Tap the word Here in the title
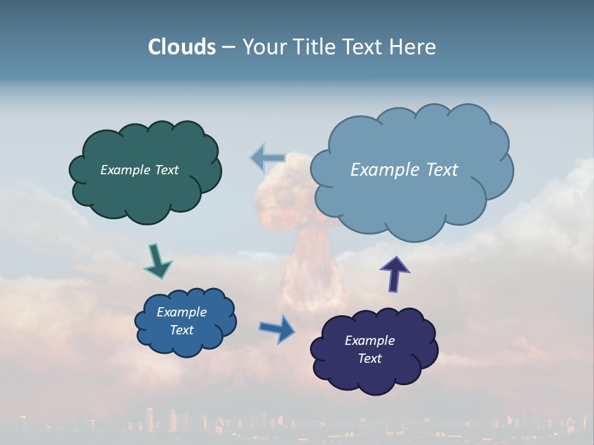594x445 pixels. coord(413,47)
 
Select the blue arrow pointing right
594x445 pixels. coord(277,328)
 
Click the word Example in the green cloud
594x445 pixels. coord(124,170)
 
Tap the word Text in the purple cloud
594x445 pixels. coord(369,359)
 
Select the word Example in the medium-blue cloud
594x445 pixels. coord(181,312)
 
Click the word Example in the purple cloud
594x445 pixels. coord(369,341)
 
